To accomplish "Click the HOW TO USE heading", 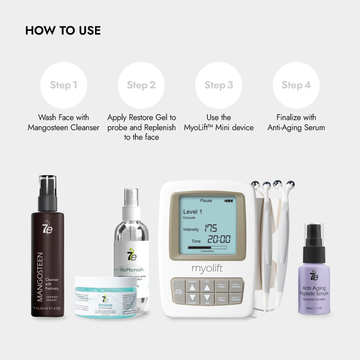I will point(63,31).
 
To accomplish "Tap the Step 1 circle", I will point(63,85).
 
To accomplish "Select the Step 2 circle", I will point(141,85).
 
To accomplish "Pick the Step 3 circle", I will point(219,85).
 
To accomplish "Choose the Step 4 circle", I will point(296,85).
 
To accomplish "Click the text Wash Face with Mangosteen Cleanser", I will point(63,122).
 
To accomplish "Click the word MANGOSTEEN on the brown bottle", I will point(40,276).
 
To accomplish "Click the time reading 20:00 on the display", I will point(219,240).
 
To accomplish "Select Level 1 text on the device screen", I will point(192,212).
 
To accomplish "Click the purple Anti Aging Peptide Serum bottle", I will point(314,283).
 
